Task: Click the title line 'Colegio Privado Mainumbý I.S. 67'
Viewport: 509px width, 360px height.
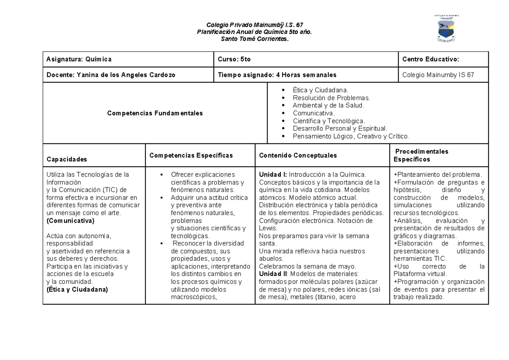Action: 255,25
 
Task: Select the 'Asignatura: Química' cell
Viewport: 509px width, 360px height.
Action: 79,60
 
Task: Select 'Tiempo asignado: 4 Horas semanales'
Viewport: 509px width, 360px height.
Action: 277,75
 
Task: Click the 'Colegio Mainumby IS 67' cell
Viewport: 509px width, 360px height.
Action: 438,75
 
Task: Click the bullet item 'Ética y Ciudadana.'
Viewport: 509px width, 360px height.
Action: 320,90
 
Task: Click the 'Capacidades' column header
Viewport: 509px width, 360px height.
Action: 67,159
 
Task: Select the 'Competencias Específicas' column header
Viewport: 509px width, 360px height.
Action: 191,156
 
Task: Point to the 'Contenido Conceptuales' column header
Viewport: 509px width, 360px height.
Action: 298,156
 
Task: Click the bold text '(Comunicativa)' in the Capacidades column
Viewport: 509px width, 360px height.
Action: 70,221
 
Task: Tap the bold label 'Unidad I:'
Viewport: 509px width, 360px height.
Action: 273,175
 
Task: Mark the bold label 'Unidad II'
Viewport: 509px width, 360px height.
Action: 273,274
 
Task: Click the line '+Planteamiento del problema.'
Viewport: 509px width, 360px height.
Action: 437,175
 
